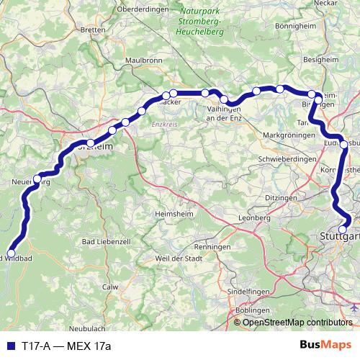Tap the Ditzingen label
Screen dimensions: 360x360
[x=280, y=197]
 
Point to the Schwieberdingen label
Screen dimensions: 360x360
[x=287, y=158]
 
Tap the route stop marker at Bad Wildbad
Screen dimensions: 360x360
[x=11, y=253]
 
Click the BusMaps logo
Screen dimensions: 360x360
[x=330, y=346]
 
